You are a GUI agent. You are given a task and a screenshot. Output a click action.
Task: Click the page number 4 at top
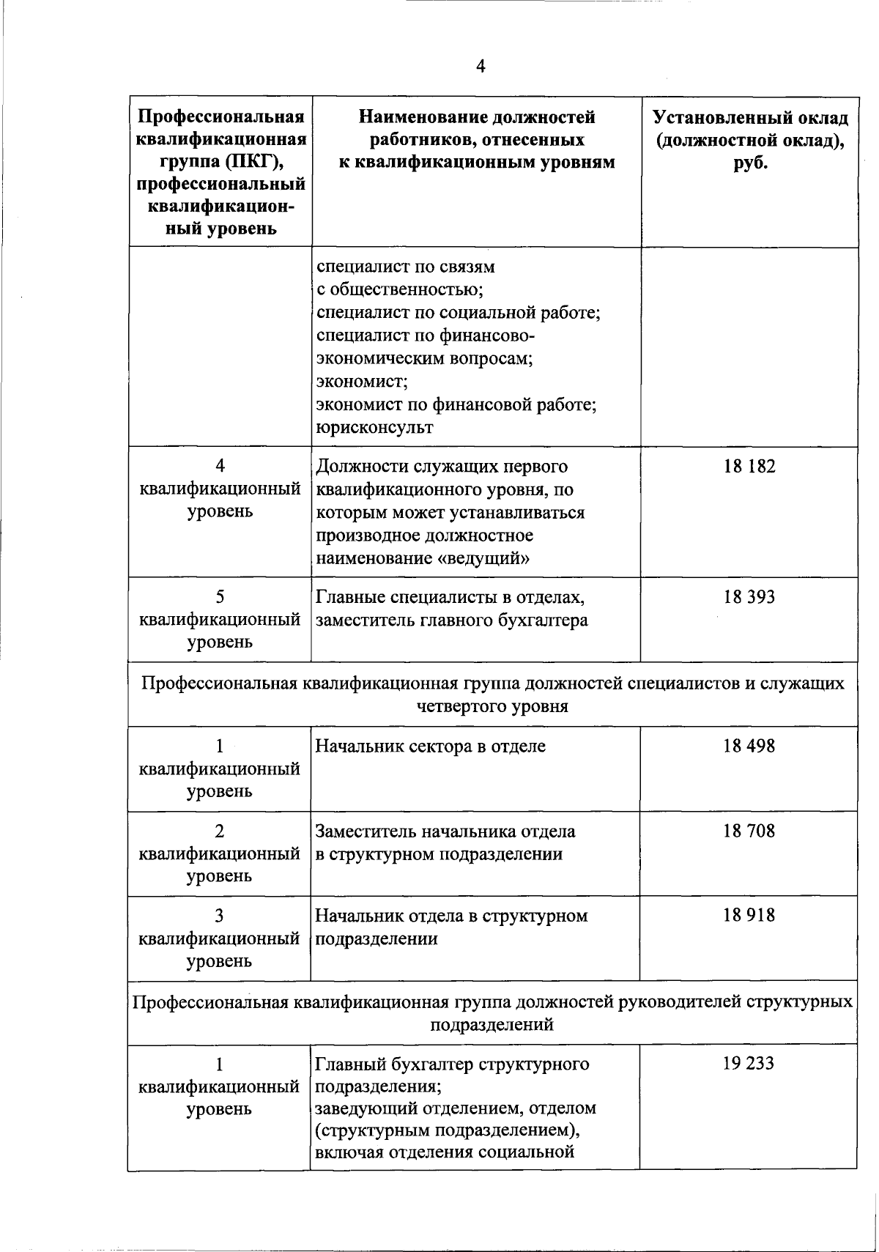(x=480, y=67)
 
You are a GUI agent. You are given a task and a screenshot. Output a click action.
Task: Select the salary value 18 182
(x=749, y=467)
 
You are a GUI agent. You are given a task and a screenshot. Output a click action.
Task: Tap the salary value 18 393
(x=749, y=597)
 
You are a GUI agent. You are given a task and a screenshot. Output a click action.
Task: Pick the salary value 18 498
(x=749, y=747)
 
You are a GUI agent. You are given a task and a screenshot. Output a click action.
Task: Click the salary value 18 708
(x=749, y=831)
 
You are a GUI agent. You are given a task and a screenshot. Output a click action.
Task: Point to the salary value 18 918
(x=749, y=916)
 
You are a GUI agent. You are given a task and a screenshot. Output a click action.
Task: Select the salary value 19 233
(x=749, y=1064)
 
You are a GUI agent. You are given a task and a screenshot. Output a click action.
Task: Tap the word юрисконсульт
(x=374, y=428)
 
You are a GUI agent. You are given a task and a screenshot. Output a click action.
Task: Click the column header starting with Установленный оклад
(x=750, y=141)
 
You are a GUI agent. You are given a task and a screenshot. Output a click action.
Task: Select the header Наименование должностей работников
(x=477, y=139)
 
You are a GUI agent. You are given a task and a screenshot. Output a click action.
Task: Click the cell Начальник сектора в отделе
(x=430, y=747)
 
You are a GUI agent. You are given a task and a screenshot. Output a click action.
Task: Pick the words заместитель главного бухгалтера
(x=451, y=621)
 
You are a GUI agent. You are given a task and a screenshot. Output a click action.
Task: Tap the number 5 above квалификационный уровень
(x=220, y=597)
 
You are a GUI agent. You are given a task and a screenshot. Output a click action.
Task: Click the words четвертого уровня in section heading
(x=492, y=707)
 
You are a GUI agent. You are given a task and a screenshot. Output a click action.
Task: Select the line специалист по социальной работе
(x=459, y=314)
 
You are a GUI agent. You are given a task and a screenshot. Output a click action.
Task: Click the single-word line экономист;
(x=361, y=382)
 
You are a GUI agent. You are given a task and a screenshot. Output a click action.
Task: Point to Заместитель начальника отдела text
(x=445, y=831)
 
